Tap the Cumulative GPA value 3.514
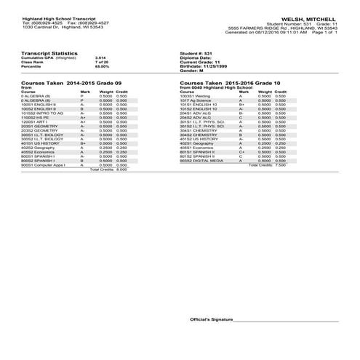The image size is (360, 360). coord(100,57)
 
